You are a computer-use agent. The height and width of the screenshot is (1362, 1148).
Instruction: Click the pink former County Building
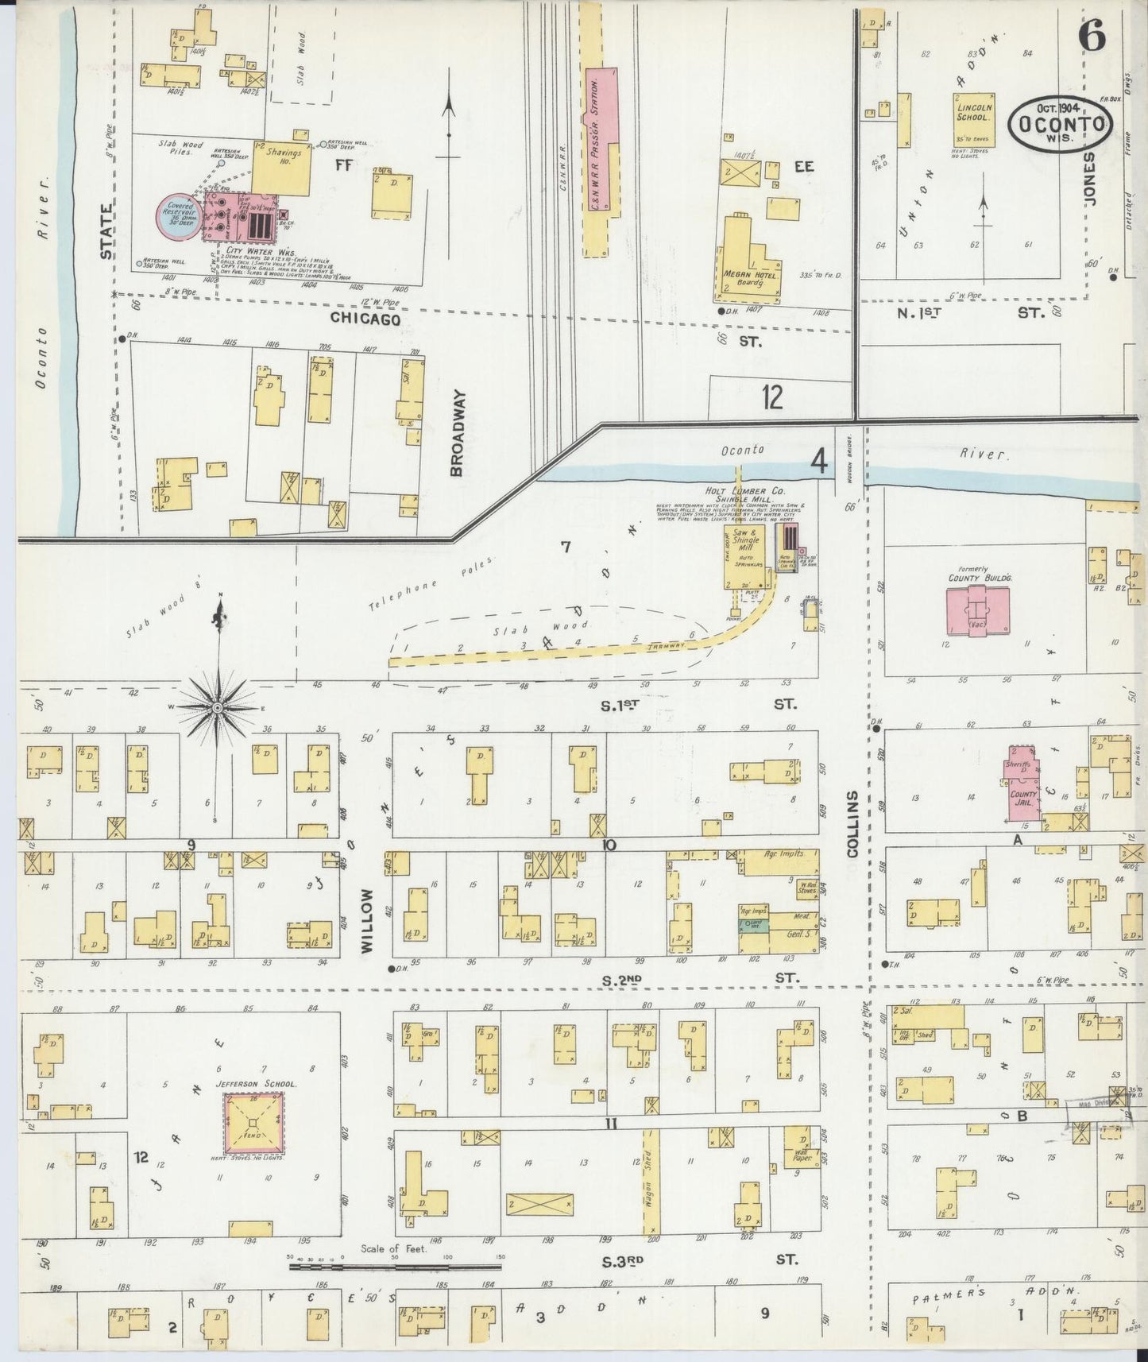pyautogui.click(x=975, y=612)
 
